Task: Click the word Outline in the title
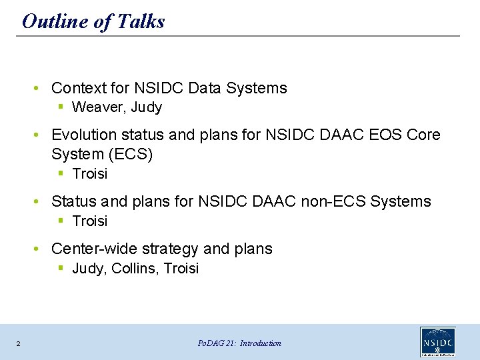pos(55,21)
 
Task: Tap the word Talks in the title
pos(141,21)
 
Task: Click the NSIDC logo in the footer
pos(438,341)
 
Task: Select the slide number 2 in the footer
pos(19,344)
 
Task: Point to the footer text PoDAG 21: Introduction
pos(239,343)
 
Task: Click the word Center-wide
pos(94,249)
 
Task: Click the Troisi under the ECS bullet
pos(90,173)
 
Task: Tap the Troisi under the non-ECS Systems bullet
pos(90,221)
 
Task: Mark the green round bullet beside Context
pos(36,89)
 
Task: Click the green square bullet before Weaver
pos(61,107)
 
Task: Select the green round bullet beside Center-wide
pos(36,249)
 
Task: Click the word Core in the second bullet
pos(423,135)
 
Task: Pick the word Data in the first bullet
pos(204,88)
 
